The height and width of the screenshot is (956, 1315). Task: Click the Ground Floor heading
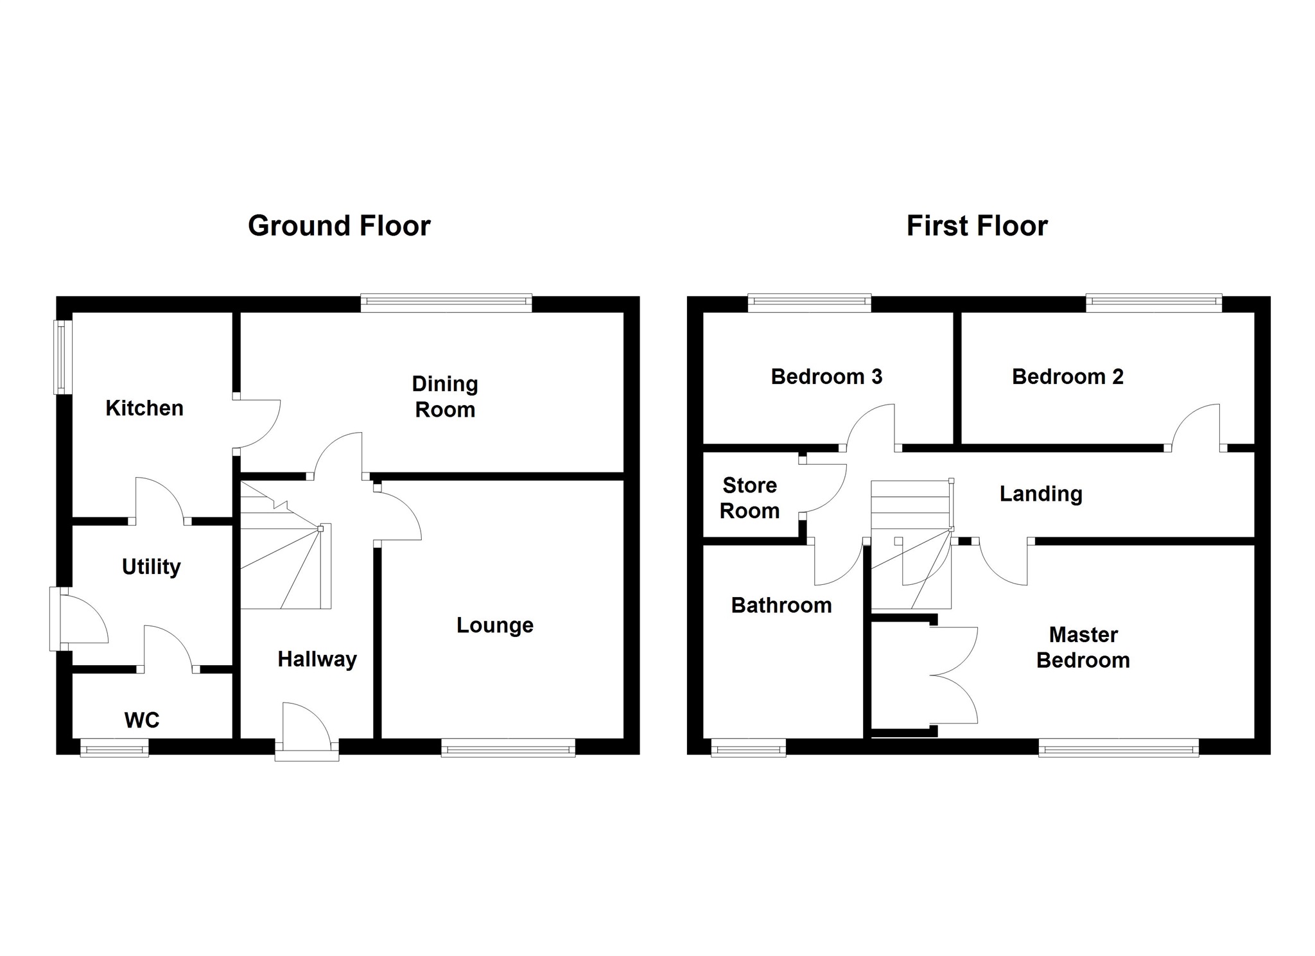[x=339, y=226]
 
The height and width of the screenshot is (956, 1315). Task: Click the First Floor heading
[x=977, y=226]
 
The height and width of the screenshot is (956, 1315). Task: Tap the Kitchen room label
[x=144, y=408]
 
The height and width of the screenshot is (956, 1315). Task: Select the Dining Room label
[x=445, y=397]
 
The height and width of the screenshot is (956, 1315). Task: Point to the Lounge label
[x=495, y=625]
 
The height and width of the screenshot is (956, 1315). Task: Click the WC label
[x=142, y=720]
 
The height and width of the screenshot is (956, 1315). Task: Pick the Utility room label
[x=152, y=567]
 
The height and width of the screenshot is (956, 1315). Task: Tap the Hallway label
[x=317, y=659]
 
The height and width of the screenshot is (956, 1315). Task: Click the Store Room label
[x=750, y=498]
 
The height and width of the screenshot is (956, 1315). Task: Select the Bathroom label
[x=781, y=605]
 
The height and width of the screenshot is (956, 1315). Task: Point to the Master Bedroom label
[x=1083, y=647]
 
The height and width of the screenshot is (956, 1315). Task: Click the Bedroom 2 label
[x=1068, y=377]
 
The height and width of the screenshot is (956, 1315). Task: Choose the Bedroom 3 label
[x=826, y=377]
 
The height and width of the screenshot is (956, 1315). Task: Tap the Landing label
[x=1041, y=494]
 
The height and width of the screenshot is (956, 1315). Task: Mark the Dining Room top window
[x=446, y=302]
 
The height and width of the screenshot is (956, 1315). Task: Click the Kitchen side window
[x=62, y=356]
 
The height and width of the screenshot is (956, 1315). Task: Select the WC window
[x=114, y=747]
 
